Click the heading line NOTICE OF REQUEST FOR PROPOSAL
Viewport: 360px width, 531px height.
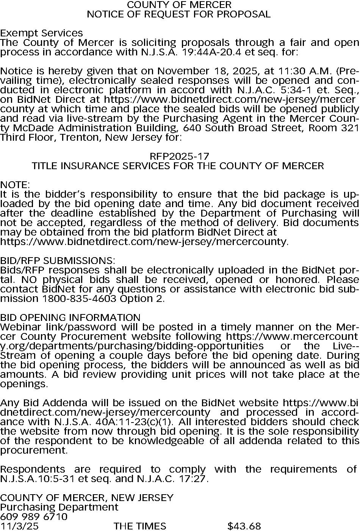[x=178, y=14]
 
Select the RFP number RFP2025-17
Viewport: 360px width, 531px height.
[x=179, y=156]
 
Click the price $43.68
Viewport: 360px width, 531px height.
[x=244, y=526]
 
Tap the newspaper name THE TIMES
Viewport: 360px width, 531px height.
[x=139, y=526]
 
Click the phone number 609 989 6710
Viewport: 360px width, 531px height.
[x=34, y=517]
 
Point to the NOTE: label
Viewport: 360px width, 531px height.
[x=15, y=185]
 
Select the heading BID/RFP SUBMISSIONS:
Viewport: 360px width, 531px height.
[x=57, y=261]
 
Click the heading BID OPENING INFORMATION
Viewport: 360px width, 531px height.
[x=70, y=317]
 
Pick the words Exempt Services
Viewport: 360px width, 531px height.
[x=41, y=33]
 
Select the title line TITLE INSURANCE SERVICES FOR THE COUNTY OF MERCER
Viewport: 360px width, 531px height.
[x=178, y=166]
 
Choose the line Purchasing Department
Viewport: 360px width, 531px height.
[x=59, y=507]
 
